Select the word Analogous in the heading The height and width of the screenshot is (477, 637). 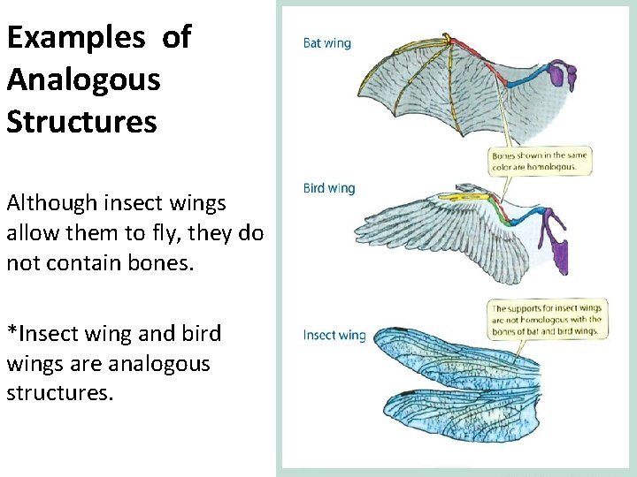coord(83,79)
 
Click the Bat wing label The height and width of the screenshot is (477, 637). coord(326,43)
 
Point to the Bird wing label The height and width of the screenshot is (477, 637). coord(328,188)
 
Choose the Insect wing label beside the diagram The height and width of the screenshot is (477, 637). coord(334,335)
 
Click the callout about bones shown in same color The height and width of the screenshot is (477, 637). coord(540,160)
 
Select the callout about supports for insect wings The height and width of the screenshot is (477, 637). coord(546,320)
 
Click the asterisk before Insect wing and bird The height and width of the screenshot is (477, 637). coord(12,332)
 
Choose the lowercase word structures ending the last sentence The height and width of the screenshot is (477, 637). coord(58,393)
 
